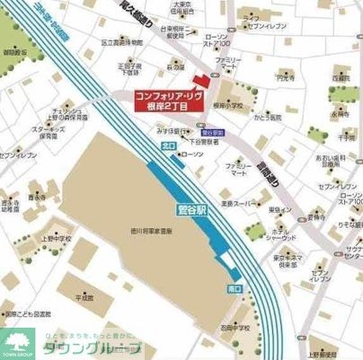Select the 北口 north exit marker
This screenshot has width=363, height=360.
pyautogui.click(x=166, y=145)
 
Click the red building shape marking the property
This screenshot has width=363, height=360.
pyautogui.click(x=201, y=81)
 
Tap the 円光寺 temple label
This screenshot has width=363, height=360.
pyautogui.click(x=287, y=79)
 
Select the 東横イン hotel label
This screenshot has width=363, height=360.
pyautogui.click(x=280, y=209)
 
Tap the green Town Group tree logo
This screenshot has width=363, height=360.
pyautogui.click(x=17, y=342)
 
